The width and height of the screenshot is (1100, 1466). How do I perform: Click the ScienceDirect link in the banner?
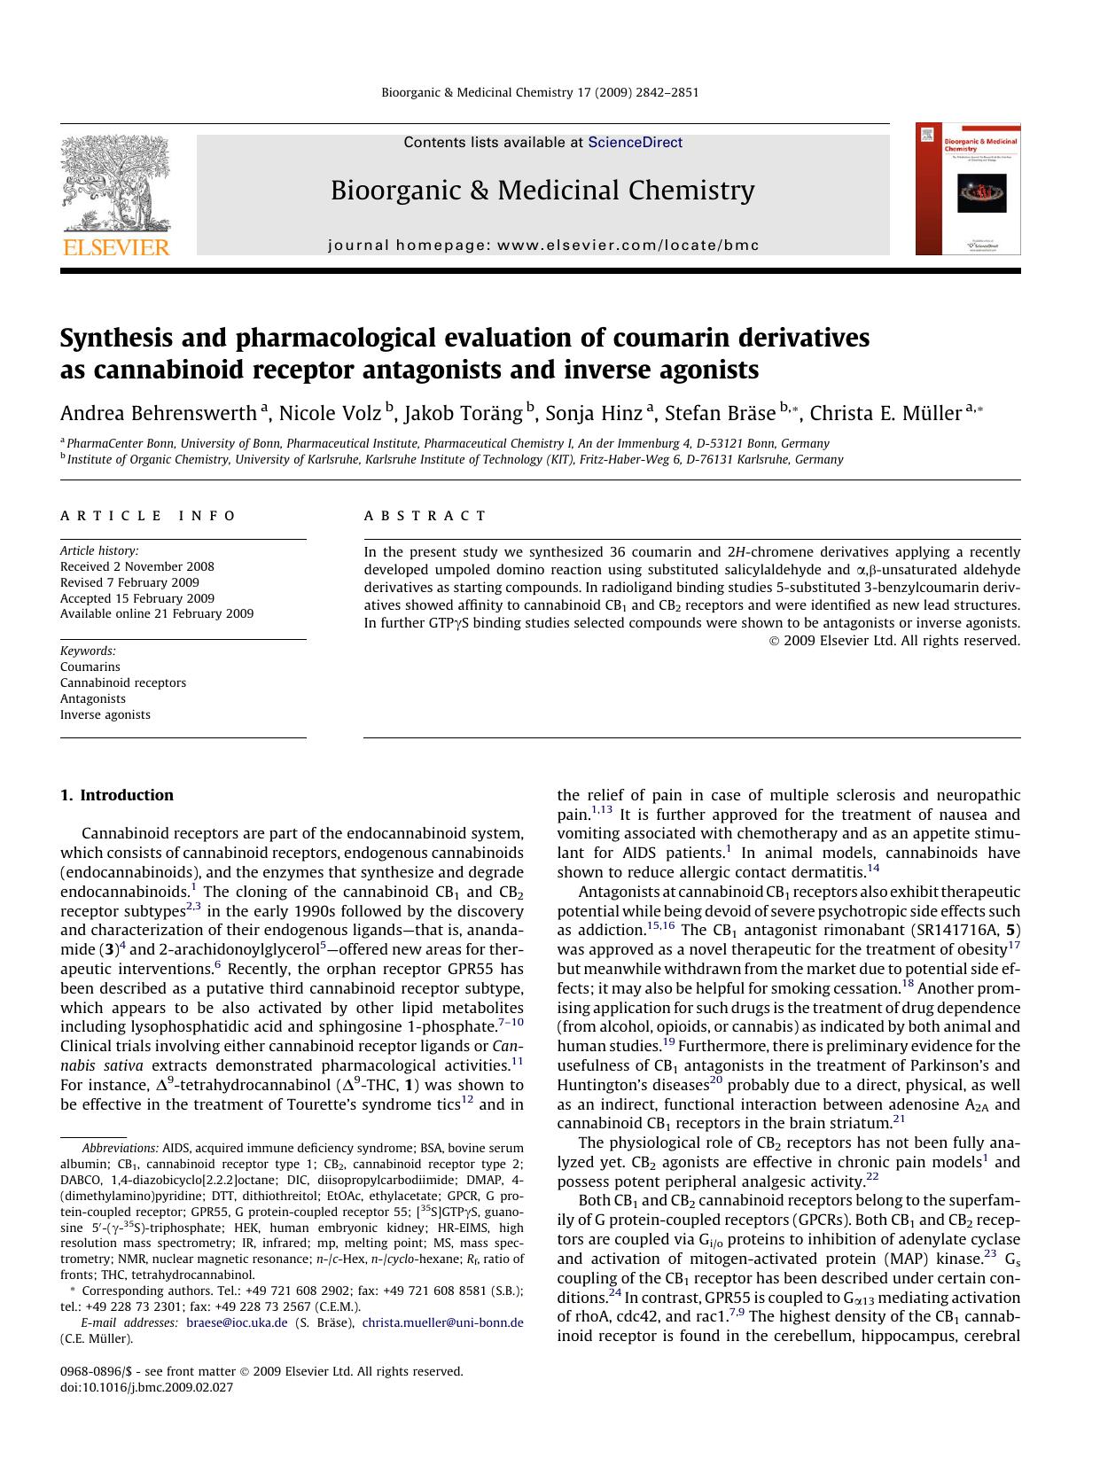click(x=635, y=142)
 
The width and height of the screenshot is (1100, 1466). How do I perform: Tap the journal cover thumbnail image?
click(x=968, y=189)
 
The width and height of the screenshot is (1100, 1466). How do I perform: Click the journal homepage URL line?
click(x=543, y=246)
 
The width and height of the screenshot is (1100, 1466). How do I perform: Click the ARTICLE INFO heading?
click(x=148, y=516)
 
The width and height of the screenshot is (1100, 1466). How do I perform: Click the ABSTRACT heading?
click(x=425, y=516)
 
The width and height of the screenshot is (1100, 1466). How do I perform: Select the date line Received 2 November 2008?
click(x=137, y=566)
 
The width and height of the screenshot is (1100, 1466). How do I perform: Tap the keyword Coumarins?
click(x=90, y=667)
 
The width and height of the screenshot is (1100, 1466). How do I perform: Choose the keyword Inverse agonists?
click(x=105, y=714)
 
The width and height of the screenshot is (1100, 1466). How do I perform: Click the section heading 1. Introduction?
click(x=117, y=795)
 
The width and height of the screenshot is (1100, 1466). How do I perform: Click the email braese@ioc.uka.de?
click(x=238, y=1322)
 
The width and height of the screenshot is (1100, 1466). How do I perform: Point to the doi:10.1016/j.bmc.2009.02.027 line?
click(x=146, y=1387)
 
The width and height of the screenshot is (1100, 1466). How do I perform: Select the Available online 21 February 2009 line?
click(x=157, y=613)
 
